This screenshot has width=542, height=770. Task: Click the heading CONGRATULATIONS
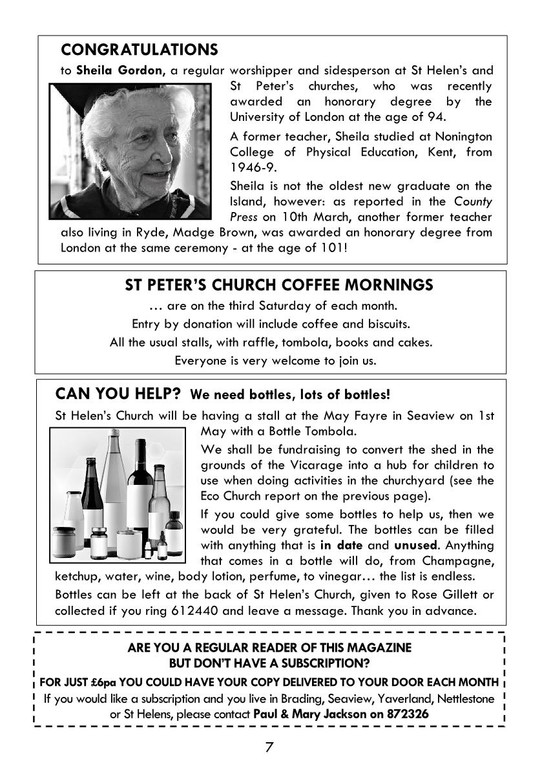[x=139, y=50]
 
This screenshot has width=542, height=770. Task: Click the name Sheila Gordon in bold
[x=120, y=70]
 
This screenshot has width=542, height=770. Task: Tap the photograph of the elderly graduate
[x=130, y=151]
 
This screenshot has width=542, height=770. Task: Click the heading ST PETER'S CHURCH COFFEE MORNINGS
[x=278, y=285]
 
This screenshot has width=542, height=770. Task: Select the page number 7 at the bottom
[x=269, y=748]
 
